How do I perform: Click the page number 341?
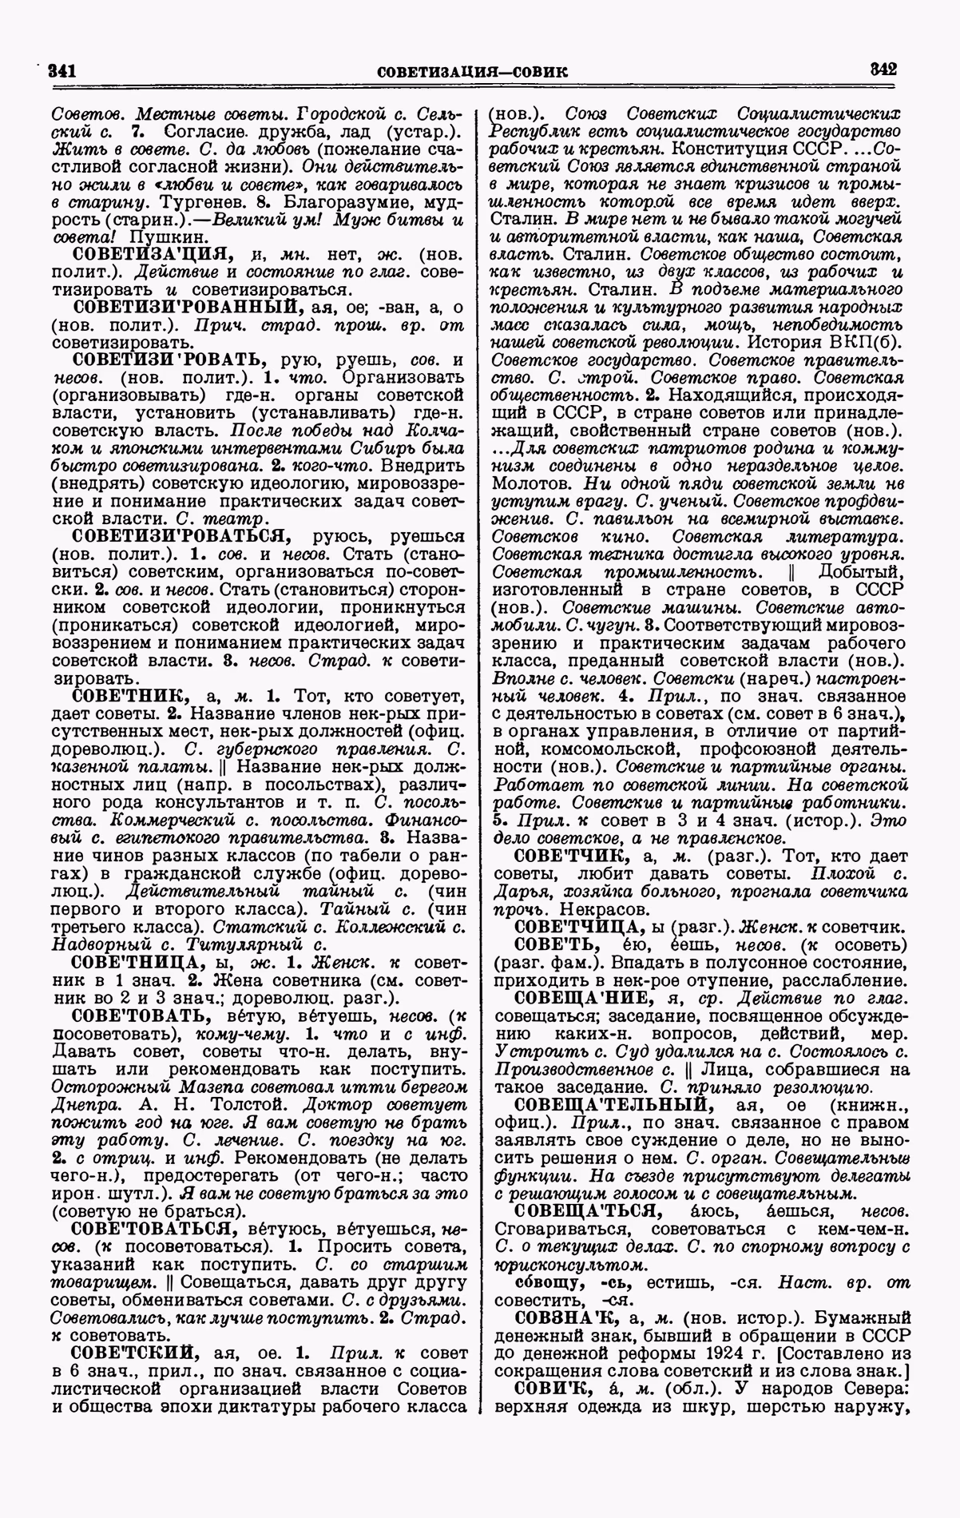click(x=61, y=70)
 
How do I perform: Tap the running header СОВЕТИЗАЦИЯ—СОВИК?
click(x=471, y=72)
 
